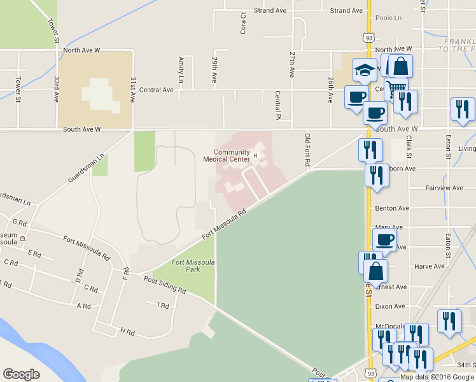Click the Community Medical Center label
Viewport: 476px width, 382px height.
[x=227, y=155]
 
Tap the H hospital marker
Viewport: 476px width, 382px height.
[x=256, y=155]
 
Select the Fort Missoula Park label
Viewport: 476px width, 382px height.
[x=195, y=265]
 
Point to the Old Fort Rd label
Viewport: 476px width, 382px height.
[x=307, y=150]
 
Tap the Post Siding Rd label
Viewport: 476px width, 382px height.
[x=165, y=285]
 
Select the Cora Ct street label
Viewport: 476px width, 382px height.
[x=242, y=22]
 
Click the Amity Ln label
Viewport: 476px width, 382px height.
[x=181, y=70]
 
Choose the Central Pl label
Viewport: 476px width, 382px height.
[x=277, y=105]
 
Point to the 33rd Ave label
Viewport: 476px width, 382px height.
[x=57, y=90]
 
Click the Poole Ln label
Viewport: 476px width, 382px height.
[x=389, y=18]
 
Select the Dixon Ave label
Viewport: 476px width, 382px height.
[x=391, y=306]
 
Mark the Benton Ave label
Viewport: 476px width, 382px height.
[x=392, y=208]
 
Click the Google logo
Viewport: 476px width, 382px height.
[x=22, y=374]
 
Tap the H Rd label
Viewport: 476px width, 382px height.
[x=127, y=331]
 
